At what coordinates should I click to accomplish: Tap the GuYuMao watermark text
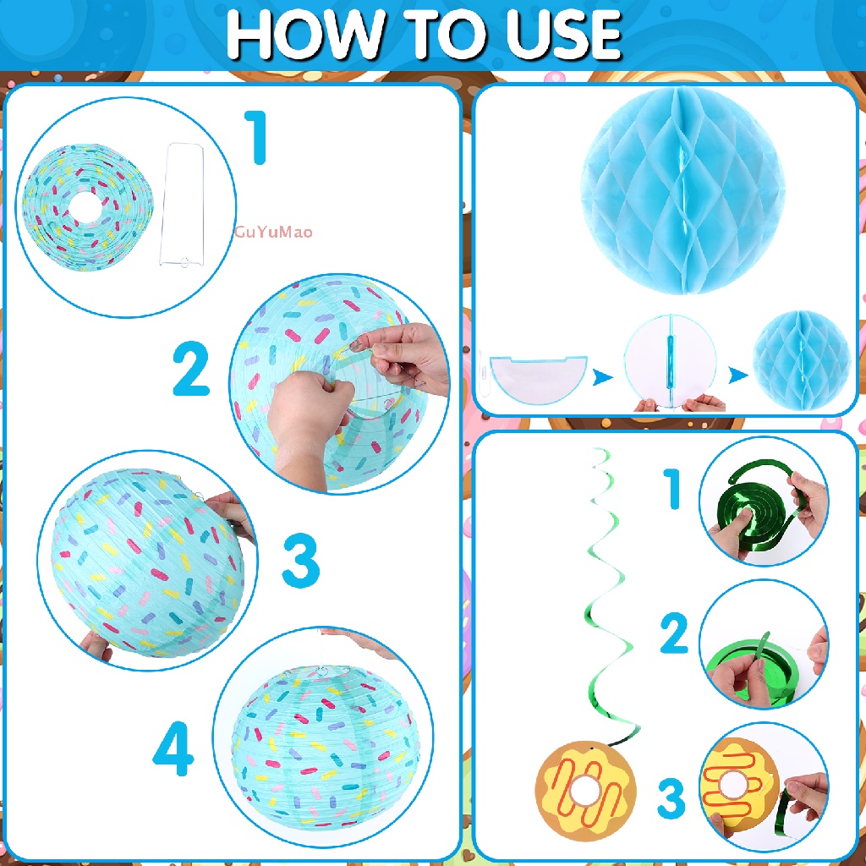273,232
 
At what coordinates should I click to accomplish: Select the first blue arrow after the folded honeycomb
602,376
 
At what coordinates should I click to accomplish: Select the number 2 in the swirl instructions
674,634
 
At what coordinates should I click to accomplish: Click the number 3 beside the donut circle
671,797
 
